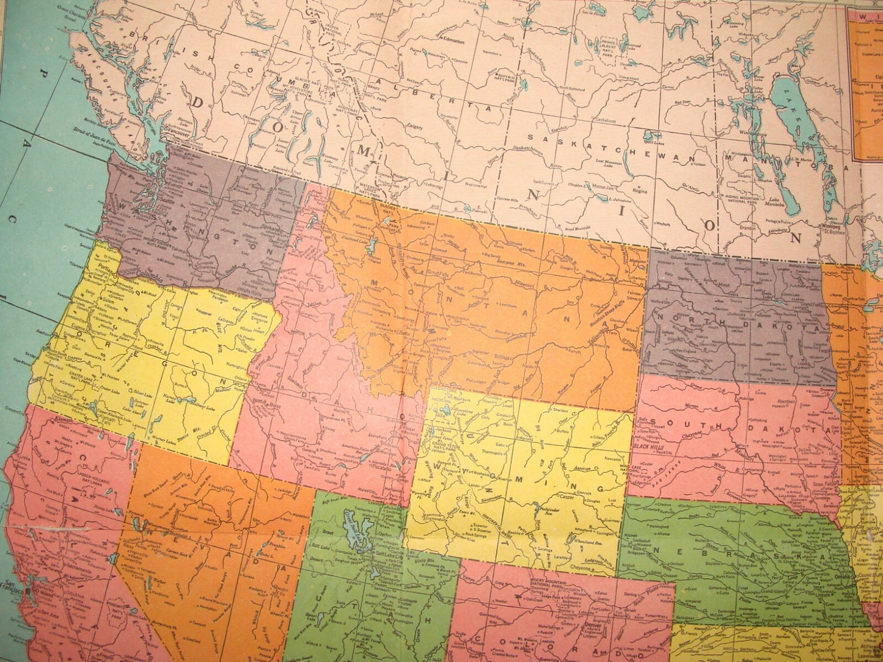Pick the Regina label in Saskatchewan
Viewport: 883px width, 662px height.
(x=639, y=191)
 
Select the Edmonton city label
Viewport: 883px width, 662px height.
(x=453, y=42)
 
